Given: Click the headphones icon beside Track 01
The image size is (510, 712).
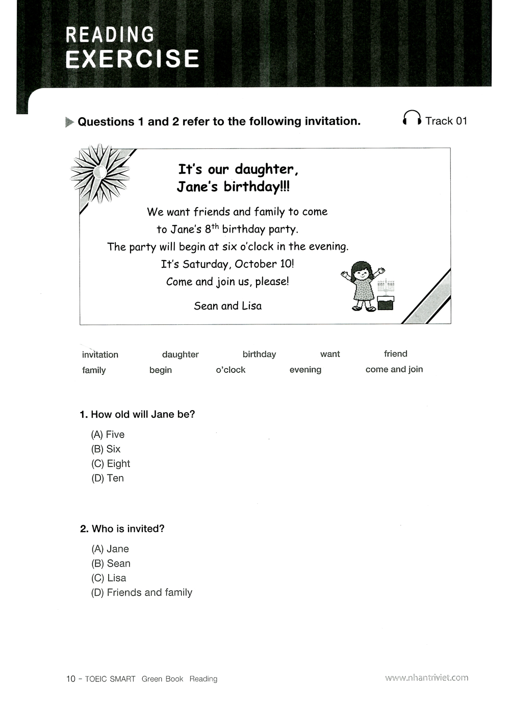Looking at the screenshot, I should pyautogui.click(x=412, y=119).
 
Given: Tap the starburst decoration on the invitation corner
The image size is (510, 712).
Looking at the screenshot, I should pyautogui.click(x=100, y=173).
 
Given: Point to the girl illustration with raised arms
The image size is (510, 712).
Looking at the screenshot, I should pyautogui.click(x=363, y=286).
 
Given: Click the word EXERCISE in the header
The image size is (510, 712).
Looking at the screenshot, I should pyautogui.click(x=132, y=59).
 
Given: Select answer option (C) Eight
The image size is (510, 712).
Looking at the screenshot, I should pyautogui.click(x=111, y=464).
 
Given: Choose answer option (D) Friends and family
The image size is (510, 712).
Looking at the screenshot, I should pyautogui.click(x=142, y=593).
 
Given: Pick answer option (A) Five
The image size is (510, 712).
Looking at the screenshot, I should pyautogui.click(x=108, y=435).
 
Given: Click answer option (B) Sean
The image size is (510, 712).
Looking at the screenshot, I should pyautogui.click(x=111, y=564).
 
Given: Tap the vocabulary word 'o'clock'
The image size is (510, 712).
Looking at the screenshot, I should pyautogui.click(x=231, y=370).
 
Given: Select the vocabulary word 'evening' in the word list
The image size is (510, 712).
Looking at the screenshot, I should pyautogui.click(x=305, y=370).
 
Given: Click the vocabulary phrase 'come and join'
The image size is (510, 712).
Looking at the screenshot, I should pyautogui.click(x=394, y=369).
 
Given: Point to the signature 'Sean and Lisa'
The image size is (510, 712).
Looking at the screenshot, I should pyautogui.click(x=228, y=306).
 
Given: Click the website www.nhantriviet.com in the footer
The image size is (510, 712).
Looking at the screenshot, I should pyautogui.click(x=427, y=678).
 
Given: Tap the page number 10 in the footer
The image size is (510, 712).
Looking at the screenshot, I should pyautogui.click(x=71, y=679).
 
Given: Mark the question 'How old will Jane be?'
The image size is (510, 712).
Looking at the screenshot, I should pyautogui.click(x=137, y=415).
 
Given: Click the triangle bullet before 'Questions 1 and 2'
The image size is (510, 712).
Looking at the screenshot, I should pyautogui.click(x=70, y=122).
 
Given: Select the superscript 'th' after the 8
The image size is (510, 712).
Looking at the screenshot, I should pyautogui.click(x=215, y=226).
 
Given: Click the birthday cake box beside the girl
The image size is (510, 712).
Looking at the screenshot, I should pyautogui.click(x=386, y=302).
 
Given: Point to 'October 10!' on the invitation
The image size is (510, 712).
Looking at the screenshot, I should pyautogui.click(x=264, y=264).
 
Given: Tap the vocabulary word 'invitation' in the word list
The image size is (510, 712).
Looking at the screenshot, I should pyautogui.click(x=100, y=354).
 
